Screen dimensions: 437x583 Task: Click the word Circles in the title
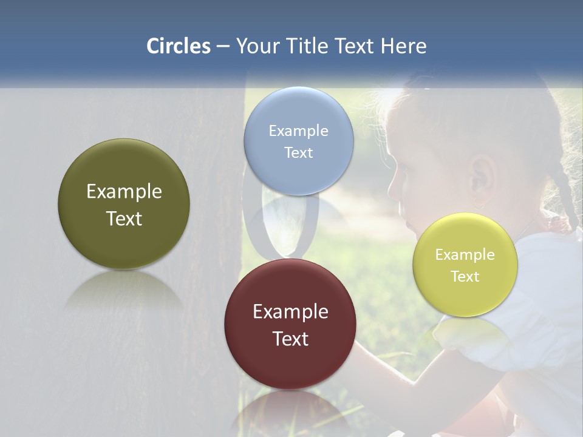click(178, 46)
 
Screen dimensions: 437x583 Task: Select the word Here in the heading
click(403, 46)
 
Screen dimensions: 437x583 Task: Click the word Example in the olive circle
click(124, 191)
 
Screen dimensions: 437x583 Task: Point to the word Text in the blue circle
click(298, 152)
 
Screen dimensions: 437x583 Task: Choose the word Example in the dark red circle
click(290, 311)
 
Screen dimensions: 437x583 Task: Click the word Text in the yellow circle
click(465, 276)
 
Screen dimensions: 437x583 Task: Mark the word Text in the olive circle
click(124, 218)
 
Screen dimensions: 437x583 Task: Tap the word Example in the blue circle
click(298, 130)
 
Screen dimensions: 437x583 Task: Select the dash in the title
click(223, 47)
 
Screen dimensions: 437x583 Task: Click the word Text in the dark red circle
click(290, 339)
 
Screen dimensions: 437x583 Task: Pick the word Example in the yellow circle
click(465, 254)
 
